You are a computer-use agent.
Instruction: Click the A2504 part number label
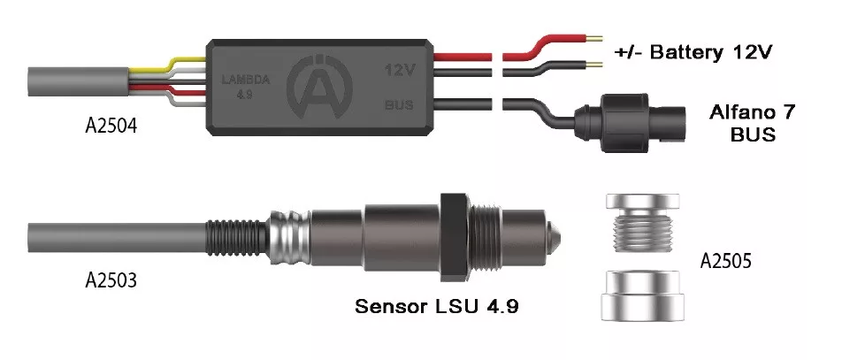click(111, 126)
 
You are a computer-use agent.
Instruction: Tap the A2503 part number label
click(111, 280)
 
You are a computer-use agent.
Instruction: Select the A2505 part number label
click(726, 261)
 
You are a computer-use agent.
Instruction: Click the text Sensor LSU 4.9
click(437, 306)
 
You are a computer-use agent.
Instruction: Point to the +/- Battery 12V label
click(693, 53)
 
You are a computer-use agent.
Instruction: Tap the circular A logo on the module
click(319, 86)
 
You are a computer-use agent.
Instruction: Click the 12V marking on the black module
click(399, 70)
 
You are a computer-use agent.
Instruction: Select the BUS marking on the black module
click(399, 104)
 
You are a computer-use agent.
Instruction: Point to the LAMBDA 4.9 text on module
click(246, 87)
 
